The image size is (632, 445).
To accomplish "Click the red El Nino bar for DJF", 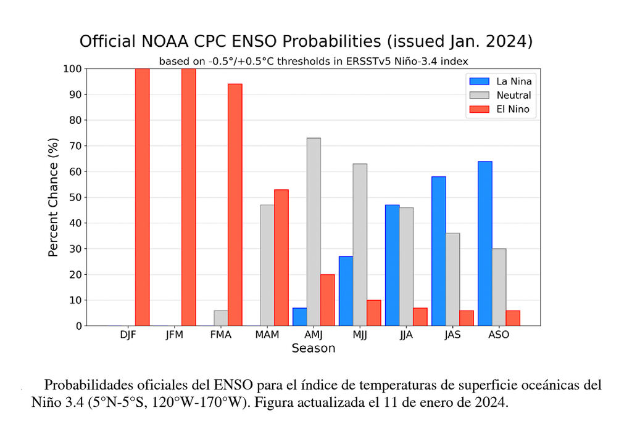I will [142, 197].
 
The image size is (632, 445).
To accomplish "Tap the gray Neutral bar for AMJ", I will [314, 232].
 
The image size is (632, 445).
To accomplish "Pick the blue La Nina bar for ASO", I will [484, 243].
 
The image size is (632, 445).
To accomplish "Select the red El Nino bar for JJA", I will [420, 317].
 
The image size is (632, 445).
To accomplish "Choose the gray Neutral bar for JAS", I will [452, 279].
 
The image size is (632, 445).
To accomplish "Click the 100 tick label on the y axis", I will [72, 68].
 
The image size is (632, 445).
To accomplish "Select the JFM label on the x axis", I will [175, 335].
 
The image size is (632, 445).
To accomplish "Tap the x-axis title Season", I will [313, 349].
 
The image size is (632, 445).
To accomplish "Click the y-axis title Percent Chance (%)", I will [53, 197].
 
